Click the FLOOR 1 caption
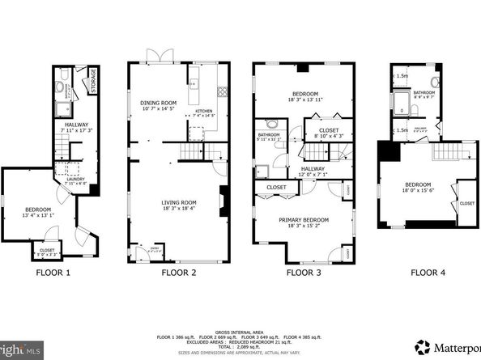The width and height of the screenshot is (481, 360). pyautogui.click(x=54, y=273)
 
